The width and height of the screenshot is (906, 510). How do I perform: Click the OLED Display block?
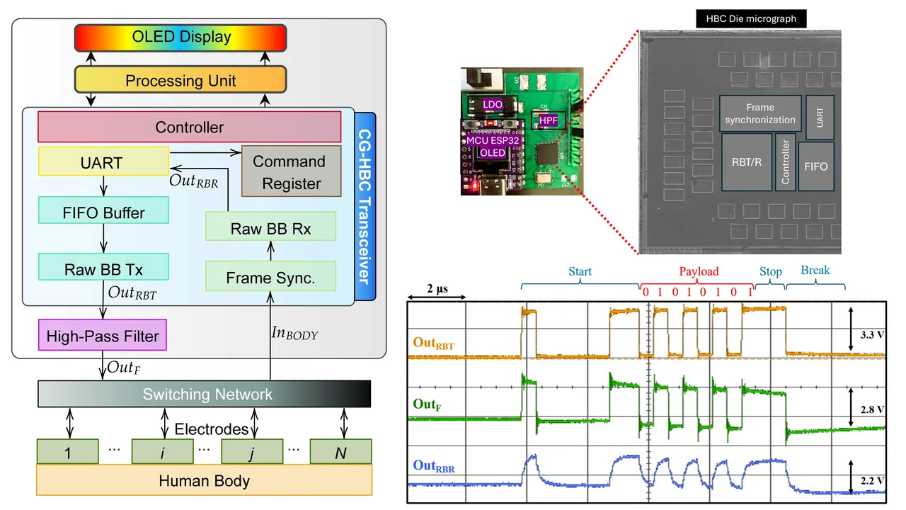click(180, 38)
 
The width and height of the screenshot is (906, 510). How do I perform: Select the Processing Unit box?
click(180, 80)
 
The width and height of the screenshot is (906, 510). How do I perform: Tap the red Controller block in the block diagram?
click(189, 127)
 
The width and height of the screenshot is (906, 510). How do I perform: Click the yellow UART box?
click(103, 161)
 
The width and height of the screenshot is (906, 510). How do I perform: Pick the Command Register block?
click(291, 171)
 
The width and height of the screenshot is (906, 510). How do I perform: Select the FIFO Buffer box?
click(103, 210)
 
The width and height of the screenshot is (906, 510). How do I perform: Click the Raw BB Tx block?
click(103, 267)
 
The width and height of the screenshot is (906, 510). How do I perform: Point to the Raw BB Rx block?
click(270, 226)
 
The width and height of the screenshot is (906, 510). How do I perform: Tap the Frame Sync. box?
click(270, 276)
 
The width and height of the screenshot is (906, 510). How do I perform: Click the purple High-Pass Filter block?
click(103, 335)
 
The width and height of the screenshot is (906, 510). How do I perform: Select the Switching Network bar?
click(205, 393)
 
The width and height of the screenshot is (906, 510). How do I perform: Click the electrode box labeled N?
click(340, 451)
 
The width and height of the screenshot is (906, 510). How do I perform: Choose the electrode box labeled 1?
click(67, 451)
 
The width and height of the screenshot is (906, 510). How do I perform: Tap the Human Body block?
click(205, 480)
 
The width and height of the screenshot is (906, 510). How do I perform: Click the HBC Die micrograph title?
click(751, 18)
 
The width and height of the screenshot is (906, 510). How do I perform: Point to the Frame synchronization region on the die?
click(760, 113)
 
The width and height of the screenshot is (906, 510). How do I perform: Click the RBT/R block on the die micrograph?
click(747, 162)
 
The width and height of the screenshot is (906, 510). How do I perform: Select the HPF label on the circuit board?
click(548, 120)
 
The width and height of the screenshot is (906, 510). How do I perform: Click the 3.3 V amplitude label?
click(872, 335)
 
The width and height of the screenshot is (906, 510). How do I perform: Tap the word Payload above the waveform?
click(699, 271)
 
